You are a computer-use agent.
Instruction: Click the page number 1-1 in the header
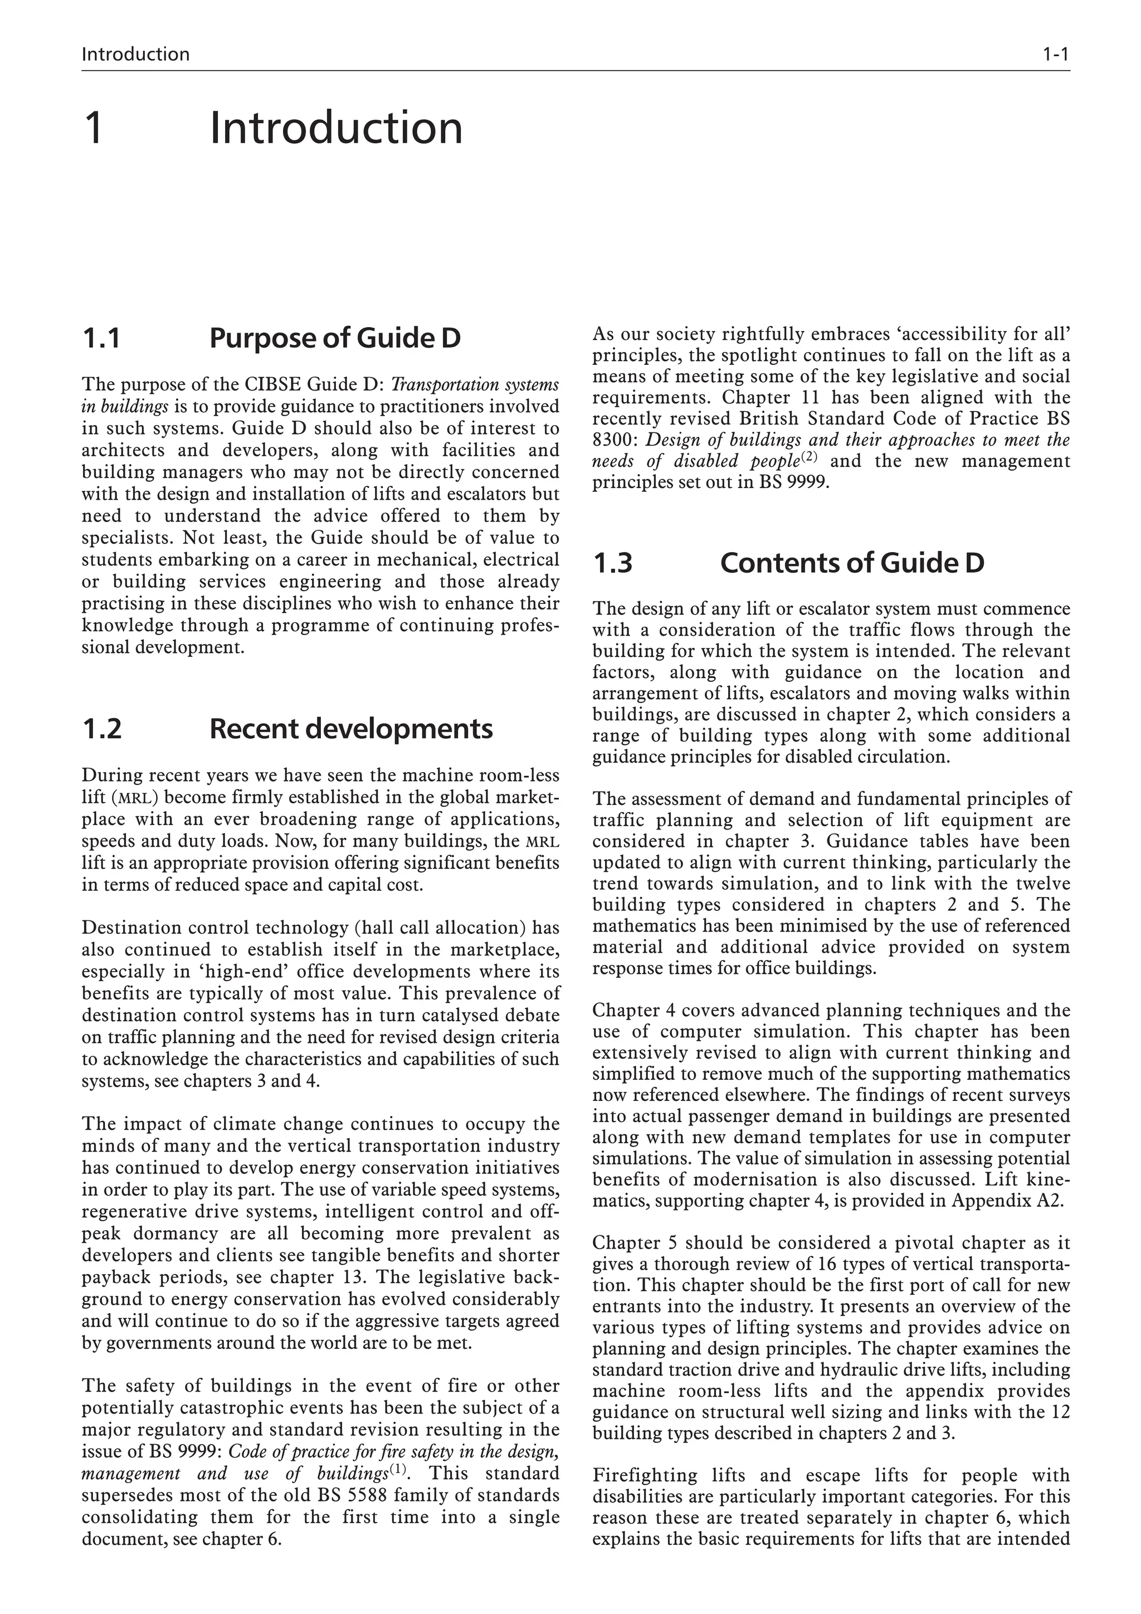click(1055, 54)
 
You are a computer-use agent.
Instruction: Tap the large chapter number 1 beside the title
click(94, 128)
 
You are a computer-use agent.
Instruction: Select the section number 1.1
click(101, 339)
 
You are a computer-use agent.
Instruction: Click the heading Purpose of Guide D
click(335, 339)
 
